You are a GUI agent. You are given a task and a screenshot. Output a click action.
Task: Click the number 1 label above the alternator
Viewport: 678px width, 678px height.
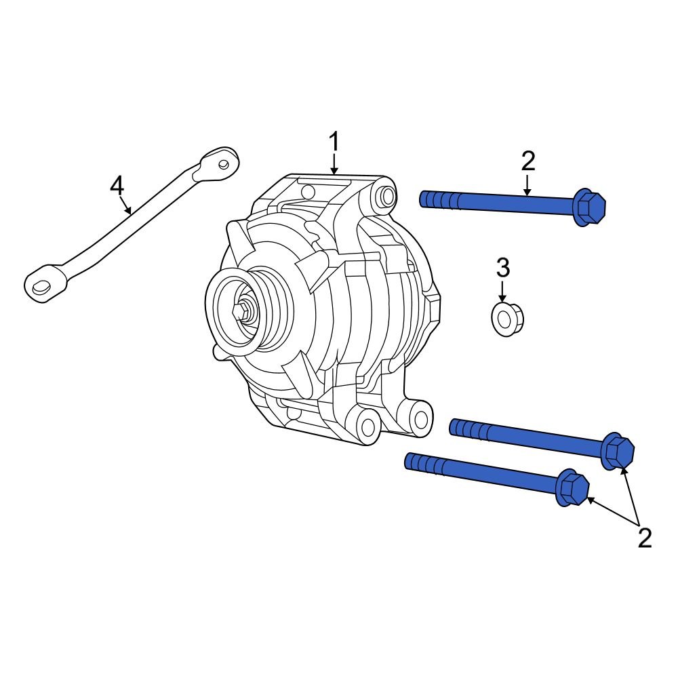(334, 142)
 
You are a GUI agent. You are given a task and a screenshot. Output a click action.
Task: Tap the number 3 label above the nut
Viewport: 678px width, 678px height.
(502, 268)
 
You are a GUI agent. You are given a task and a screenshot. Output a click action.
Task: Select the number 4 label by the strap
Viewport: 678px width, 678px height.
(117, 184)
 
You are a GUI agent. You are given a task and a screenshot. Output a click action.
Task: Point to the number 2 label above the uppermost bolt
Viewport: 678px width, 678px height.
(528, 161)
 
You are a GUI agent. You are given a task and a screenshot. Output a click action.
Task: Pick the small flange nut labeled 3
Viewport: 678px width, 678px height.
(506, 319)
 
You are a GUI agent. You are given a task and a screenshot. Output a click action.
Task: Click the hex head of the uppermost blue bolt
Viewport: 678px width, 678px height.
(589, 205)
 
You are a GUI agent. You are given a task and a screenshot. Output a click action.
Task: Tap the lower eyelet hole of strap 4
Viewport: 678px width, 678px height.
(41, 287)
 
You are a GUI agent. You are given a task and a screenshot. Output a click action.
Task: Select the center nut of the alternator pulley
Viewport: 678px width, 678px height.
(241, 312)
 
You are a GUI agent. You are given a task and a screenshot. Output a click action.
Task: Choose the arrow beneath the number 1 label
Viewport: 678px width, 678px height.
(334, 165)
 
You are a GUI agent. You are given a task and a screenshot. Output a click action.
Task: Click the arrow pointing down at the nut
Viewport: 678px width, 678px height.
(502, 292)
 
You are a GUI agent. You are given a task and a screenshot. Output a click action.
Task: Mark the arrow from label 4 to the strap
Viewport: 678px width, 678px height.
(125, 205)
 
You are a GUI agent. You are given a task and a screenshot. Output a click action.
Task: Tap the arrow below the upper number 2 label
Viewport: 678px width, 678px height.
(528, 185)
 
